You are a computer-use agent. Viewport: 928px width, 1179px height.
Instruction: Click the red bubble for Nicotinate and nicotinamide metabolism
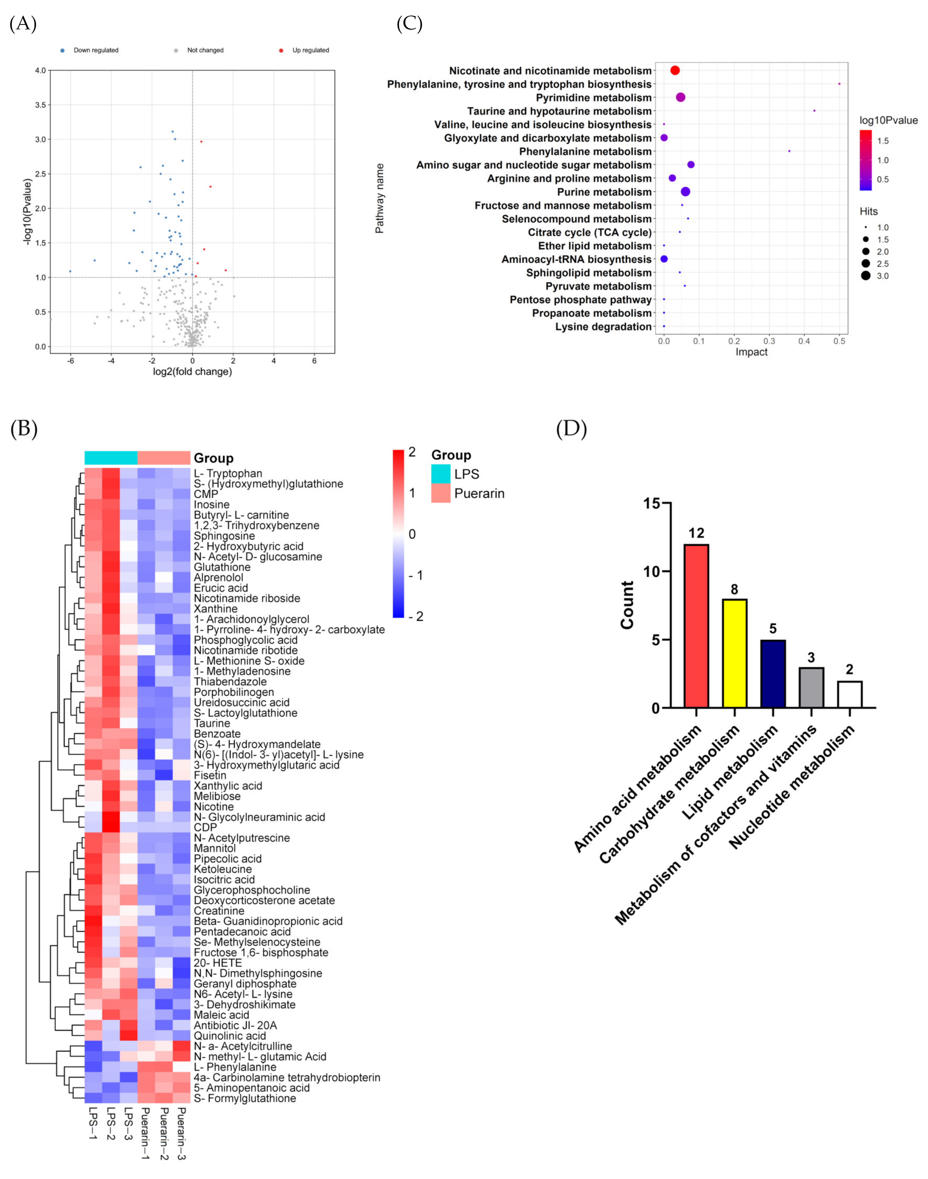pos(675,71)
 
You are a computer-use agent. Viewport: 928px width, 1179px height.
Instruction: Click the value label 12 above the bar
pos(696,533)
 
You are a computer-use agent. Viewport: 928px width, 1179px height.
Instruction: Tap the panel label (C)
pos(409,24)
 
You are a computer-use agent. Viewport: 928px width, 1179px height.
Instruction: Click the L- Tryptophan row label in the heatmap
pos(228,474)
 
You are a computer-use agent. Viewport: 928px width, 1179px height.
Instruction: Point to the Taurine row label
pos(212,723)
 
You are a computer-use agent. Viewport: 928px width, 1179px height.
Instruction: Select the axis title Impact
pos(752,352)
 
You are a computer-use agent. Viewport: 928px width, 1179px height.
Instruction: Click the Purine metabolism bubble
pos(685,192)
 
